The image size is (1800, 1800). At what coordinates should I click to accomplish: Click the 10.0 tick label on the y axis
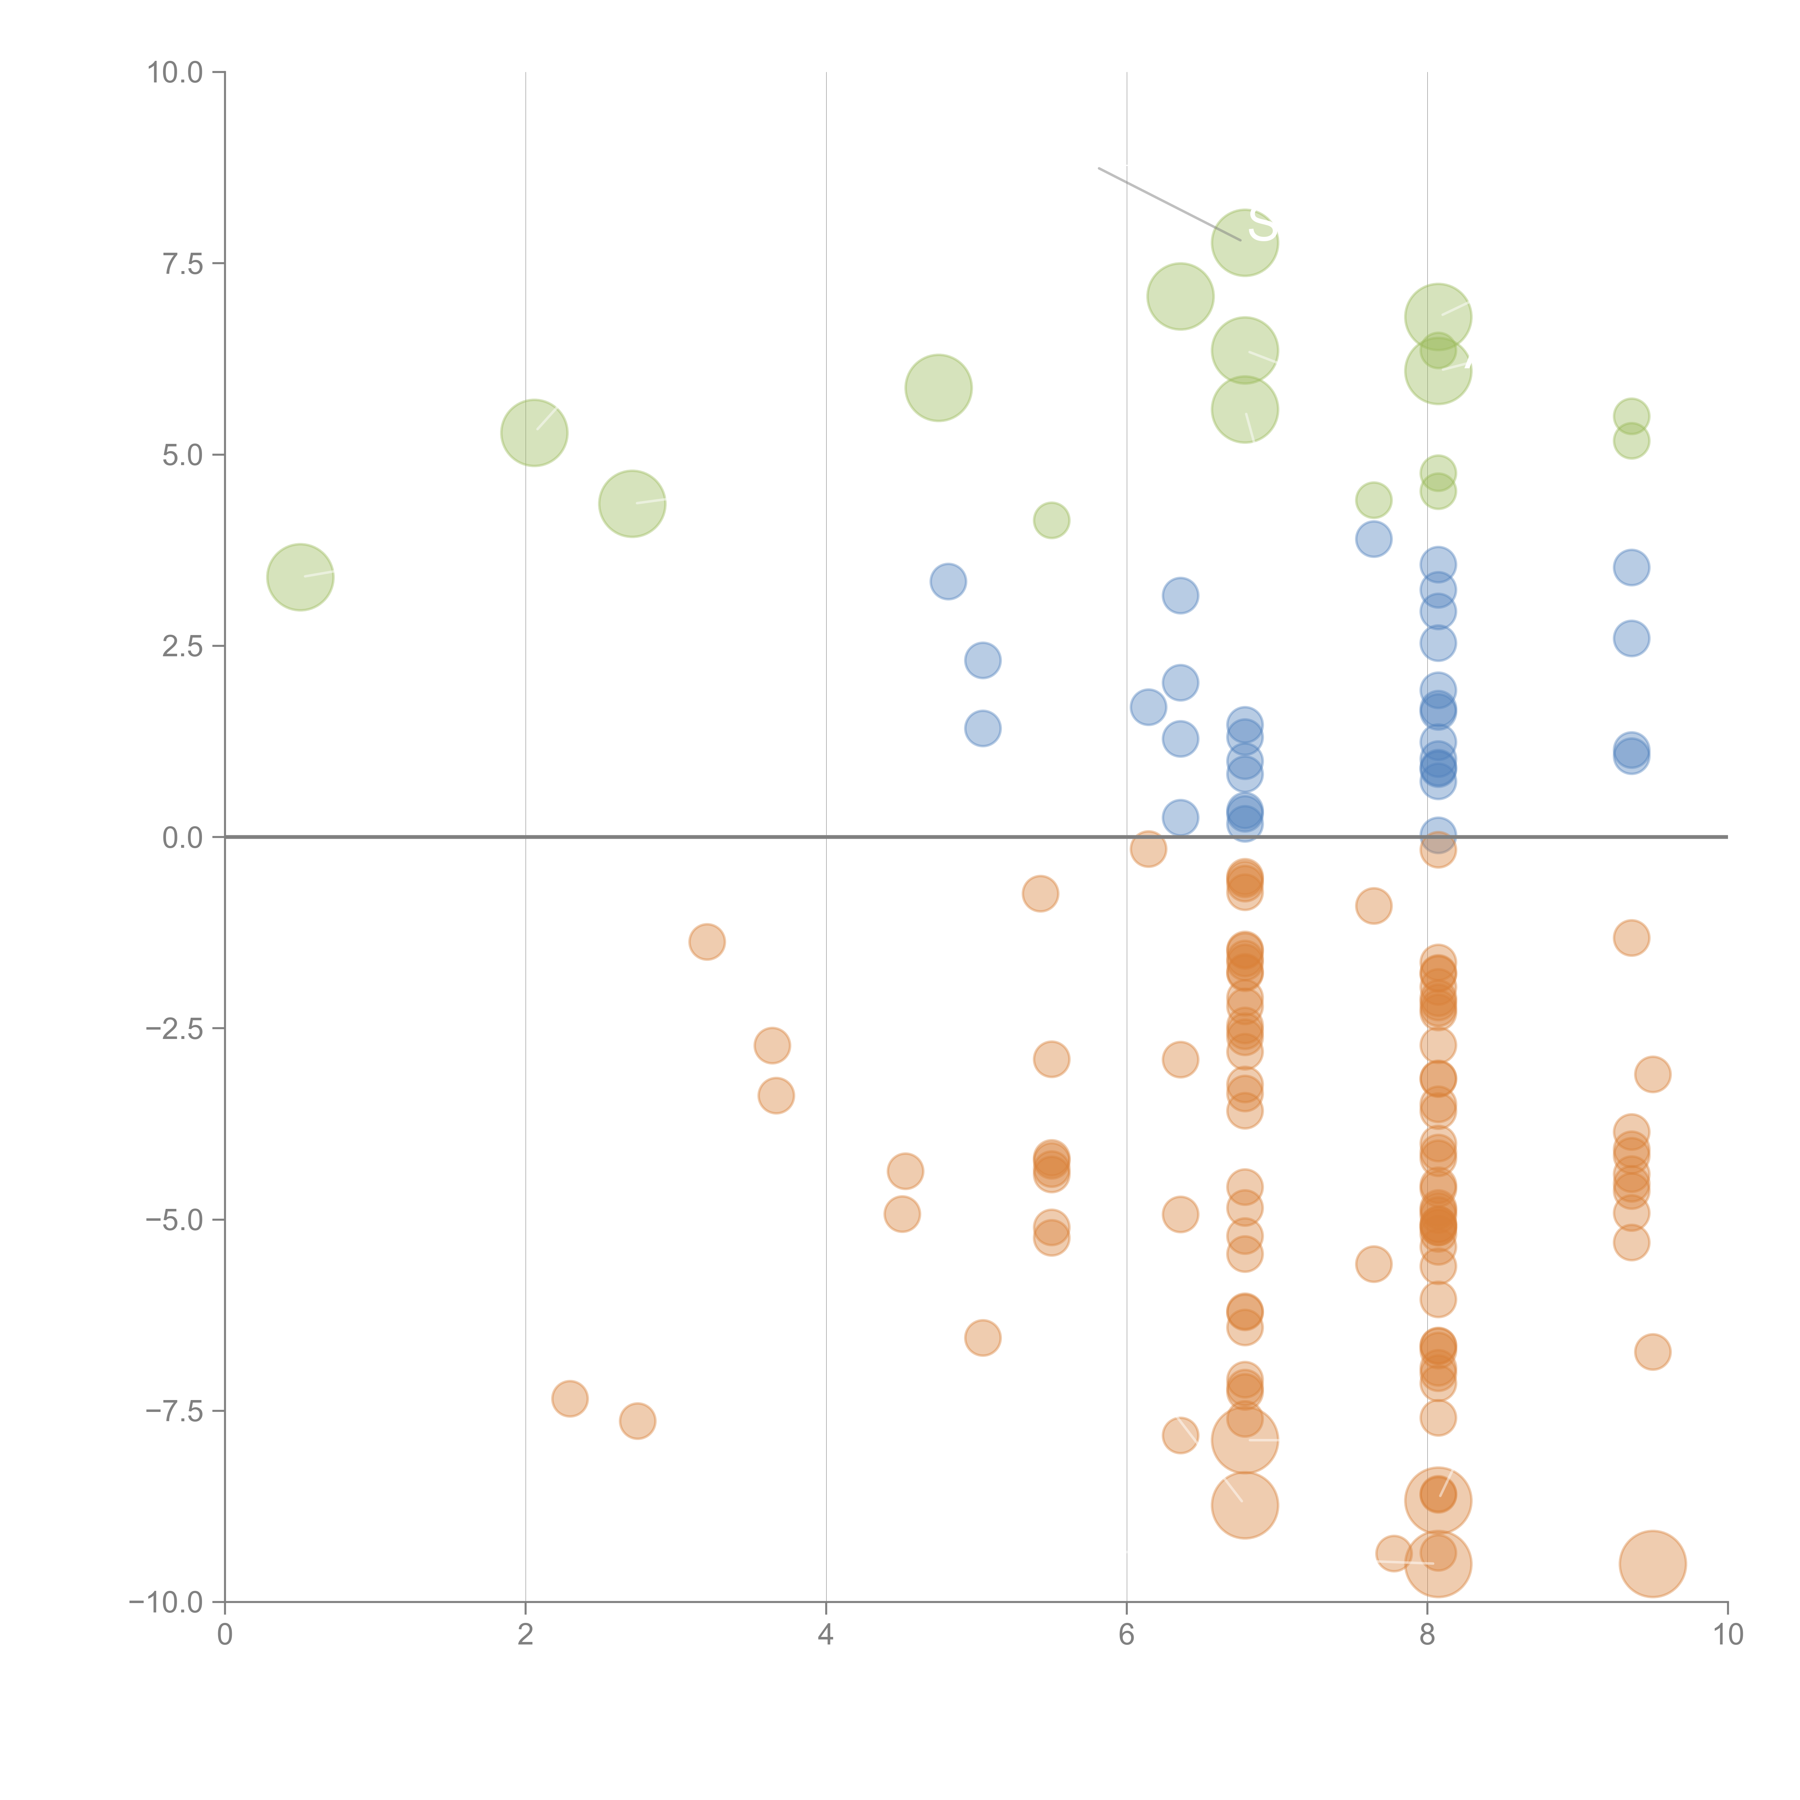point(174,73)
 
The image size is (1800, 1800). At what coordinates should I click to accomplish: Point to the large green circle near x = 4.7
point(938,388)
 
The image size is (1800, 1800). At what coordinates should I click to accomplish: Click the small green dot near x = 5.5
point(1051,520)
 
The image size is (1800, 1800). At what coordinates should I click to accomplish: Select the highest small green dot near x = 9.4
point(1630,415)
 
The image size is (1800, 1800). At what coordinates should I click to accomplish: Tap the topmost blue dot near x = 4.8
point(948,581)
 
